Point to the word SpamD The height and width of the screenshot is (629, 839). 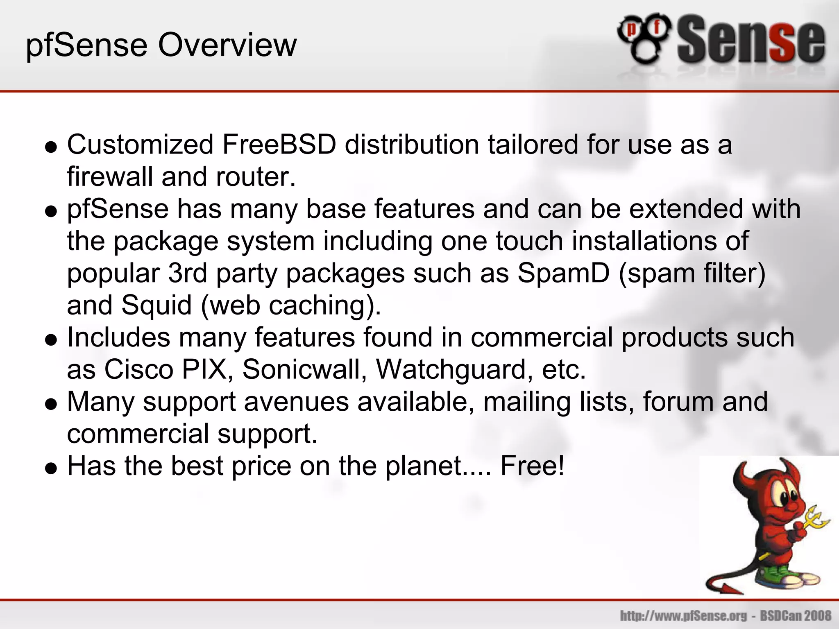tap(563, 273)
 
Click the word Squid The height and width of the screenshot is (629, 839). tap(156, 305)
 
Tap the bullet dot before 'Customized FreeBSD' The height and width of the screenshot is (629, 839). tap(51, 147)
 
